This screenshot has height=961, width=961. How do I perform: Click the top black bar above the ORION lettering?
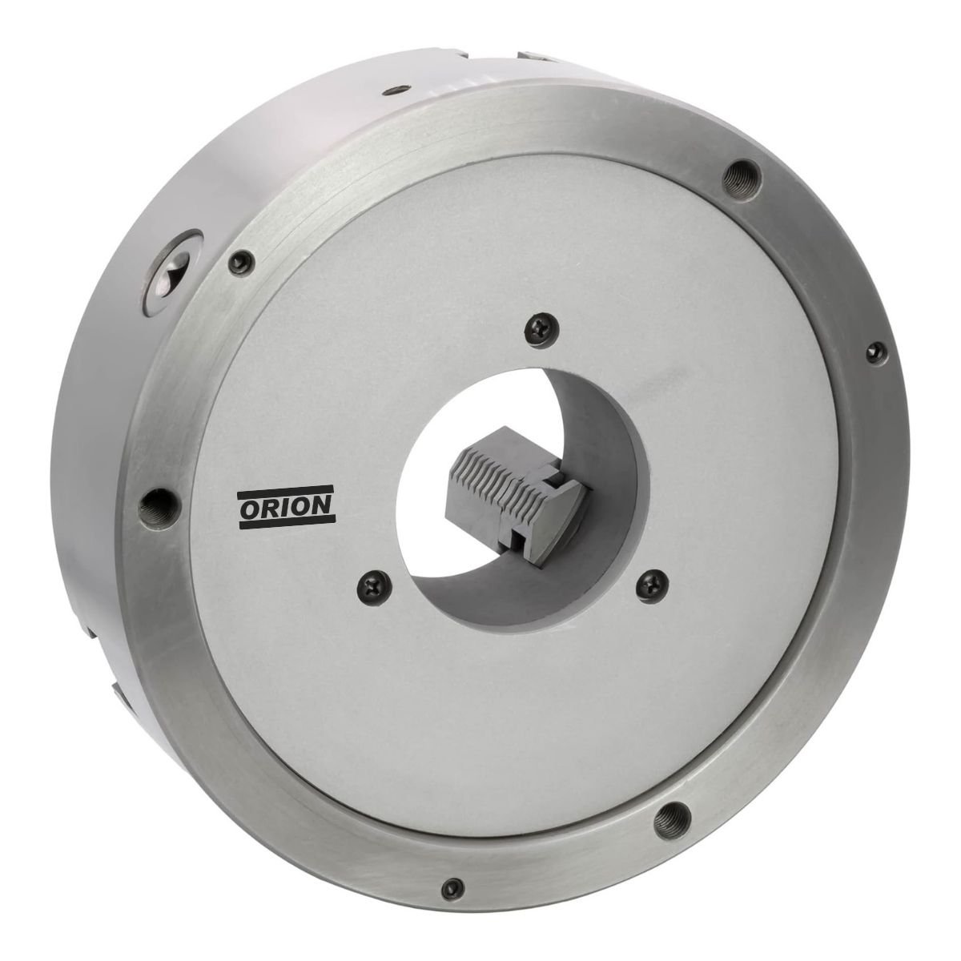point(286,493)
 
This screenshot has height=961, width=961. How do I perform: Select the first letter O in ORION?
point(251,509)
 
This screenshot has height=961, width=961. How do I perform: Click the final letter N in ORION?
point(320,507)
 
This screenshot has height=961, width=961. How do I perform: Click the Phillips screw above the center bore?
point(542,328)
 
